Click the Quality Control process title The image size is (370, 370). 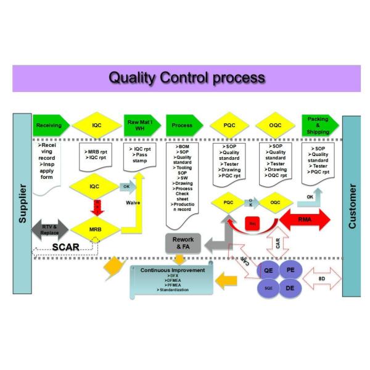tap(187, 78)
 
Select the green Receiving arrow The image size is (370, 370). tap(49, 125)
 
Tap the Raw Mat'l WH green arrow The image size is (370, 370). tap(139, 125)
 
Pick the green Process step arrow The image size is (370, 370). tap(183, 125)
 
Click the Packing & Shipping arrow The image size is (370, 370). tap(318, 125)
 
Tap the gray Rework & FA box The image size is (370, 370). tap(183, 243)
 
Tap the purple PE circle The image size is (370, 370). tap(291, 269)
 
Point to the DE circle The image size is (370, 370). tap(291, 287)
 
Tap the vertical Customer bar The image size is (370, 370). tap(351, 203)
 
